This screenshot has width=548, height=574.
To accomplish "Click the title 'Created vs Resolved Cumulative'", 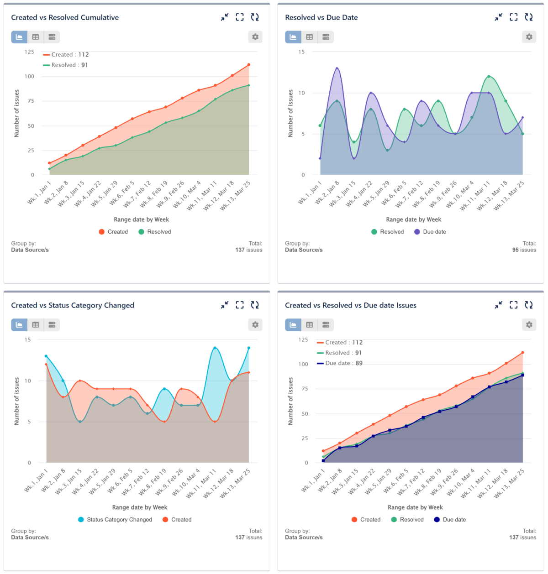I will click(65, 17).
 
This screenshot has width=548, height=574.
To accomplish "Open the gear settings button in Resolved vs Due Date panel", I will click(529, 37).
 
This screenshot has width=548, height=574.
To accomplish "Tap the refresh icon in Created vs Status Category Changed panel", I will click(255, 305).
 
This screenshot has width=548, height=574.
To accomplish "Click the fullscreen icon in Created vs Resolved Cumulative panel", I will click(240, 17).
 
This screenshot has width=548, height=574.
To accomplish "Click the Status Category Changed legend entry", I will click(115, 520).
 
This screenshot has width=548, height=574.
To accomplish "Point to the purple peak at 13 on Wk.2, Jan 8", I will click(337, 68).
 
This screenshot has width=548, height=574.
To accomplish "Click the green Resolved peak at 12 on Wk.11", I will click(489, 76).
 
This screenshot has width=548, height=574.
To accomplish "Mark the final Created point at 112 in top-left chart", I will click(249, 65).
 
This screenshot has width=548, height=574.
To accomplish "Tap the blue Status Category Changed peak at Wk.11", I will click(215, 348).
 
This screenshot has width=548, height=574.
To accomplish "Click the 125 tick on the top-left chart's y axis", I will click(29, 52).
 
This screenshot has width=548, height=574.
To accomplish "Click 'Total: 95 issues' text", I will click(524, 247).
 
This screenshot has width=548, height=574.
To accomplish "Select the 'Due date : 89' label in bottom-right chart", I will click(343, 363).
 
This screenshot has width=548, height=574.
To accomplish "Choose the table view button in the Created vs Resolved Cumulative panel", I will click(36, 37).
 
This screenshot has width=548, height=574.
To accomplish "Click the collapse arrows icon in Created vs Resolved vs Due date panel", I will click(498, 305).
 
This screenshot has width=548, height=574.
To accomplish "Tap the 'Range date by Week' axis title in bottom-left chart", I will click(140, 507).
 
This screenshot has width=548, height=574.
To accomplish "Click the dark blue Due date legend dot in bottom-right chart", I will click(437, 520).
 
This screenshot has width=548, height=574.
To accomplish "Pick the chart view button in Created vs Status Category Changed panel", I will click(19, 325).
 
